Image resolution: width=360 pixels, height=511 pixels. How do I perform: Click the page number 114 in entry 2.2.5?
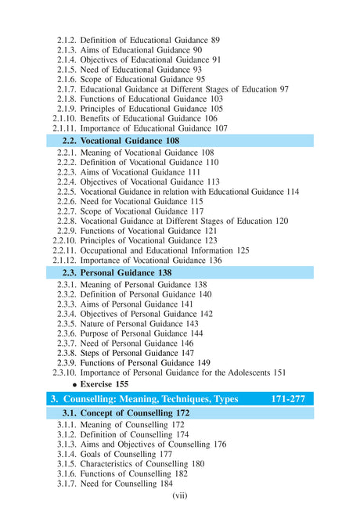[292, 192]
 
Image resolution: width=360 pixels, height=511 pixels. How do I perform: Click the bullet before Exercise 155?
[75, 386]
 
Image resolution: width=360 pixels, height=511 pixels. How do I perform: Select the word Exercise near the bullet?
[97, 386]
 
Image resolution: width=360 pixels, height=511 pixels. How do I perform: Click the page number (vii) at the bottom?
[180, 495]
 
